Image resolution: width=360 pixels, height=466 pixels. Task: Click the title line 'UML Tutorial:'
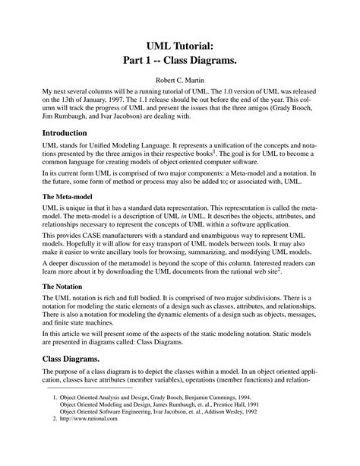[x=180, y=46]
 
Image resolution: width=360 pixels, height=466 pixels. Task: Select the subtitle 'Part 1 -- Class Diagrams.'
[x=180, y=62]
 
